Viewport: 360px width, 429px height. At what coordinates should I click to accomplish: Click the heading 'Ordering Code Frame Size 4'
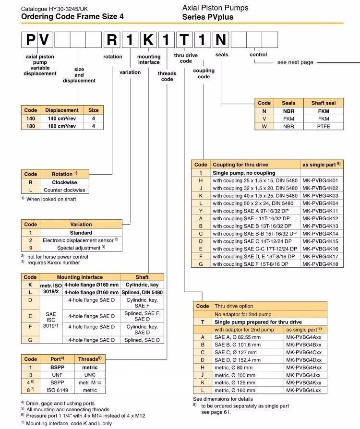[x=72, y=16]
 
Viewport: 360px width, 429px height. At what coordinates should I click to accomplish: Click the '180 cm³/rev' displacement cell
[x=62, y=126]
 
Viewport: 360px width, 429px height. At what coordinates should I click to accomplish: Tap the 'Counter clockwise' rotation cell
[x=64, y=190]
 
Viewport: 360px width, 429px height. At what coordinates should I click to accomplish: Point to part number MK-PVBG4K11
[x=321, y=211]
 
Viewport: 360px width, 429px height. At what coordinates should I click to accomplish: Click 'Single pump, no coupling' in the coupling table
[x=244, y=173]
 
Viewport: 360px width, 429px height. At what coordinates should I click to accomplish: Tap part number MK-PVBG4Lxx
[x=304, y=390]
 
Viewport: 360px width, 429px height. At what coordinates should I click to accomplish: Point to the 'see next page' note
[x=295, y=62]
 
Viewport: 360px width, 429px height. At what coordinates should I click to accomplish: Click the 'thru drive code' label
[x=186, y=58]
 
